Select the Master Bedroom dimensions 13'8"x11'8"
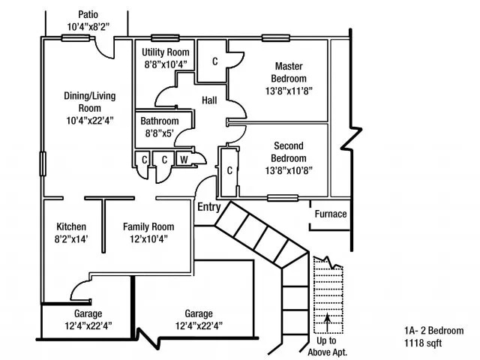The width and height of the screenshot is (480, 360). (x=289, y=91)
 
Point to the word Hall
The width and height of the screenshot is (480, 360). (x=210, y=100)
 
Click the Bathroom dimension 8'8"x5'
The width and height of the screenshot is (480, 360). (x=159, y=133)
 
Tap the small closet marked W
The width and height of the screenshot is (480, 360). (x=184, y=159)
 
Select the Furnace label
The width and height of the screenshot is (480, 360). (x=330, y=214)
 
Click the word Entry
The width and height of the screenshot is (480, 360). (x=208, y=207)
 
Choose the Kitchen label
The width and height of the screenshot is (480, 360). (x=71, y=226)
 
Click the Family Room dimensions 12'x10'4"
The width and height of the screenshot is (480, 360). (x=148, y=239)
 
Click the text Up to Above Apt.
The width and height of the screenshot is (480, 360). (x=328, y=347)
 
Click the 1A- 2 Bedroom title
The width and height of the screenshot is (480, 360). (x=433, y=330)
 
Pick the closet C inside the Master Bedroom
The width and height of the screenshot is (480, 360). (x=214, y=61)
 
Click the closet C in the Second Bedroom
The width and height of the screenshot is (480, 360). (x=231, y=170)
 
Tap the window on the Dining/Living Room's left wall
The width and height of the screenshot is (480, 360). (x=43, y=163)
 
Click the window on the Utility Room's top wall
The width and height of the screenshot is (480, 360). (x=164, y=38)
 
